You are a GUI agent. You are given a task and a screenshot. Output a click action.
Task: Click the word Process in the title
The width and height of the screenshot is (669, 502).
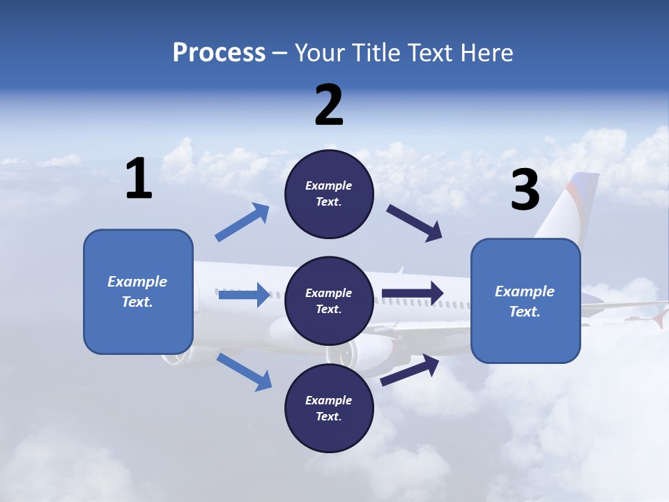[x=219, y=53]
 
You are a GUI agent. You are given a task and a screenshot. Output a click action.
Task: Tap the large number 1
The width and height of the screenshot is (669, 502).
[x=139, y=178]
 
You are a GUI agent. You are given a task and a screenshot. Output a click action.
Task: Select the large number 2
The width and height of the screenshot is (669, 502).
[x=329, y=105]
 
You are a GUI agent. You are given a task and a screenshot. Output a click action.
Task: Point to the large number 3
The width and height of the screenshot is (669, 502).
[x=525, y=190]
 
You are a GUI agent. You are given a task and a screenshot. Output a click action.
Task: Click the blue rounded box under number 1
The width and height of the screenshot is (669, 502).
[x=138, y=291]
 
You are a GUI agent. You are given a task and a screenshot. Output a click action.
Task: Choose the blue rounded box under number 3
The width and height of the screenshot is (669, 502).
[x=525, y=301]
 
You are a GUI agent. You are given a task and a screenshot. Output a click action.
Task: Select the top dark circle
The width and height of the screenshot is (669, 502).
[x=329, y=194]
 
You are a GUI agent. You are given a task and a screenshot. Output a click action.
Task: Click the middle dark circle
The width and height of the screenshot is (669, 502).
[x=329, y=301]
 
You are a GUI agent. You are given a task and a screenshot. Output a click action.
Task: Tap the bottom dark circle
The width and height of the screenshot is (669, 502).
[x=329, y=408]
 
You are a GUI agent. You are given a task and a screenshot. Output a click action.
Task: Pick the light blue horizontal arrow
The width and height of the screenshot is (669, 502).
[x=244, y=295]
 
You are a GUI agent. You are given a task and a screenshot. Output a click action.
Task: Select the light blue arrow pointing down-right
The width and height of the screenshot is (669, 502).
[x=245, y=372]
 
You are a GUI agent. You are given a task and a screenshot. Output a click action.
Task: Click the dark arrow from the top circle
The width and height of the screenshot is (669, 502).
[x=415, y=223]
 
